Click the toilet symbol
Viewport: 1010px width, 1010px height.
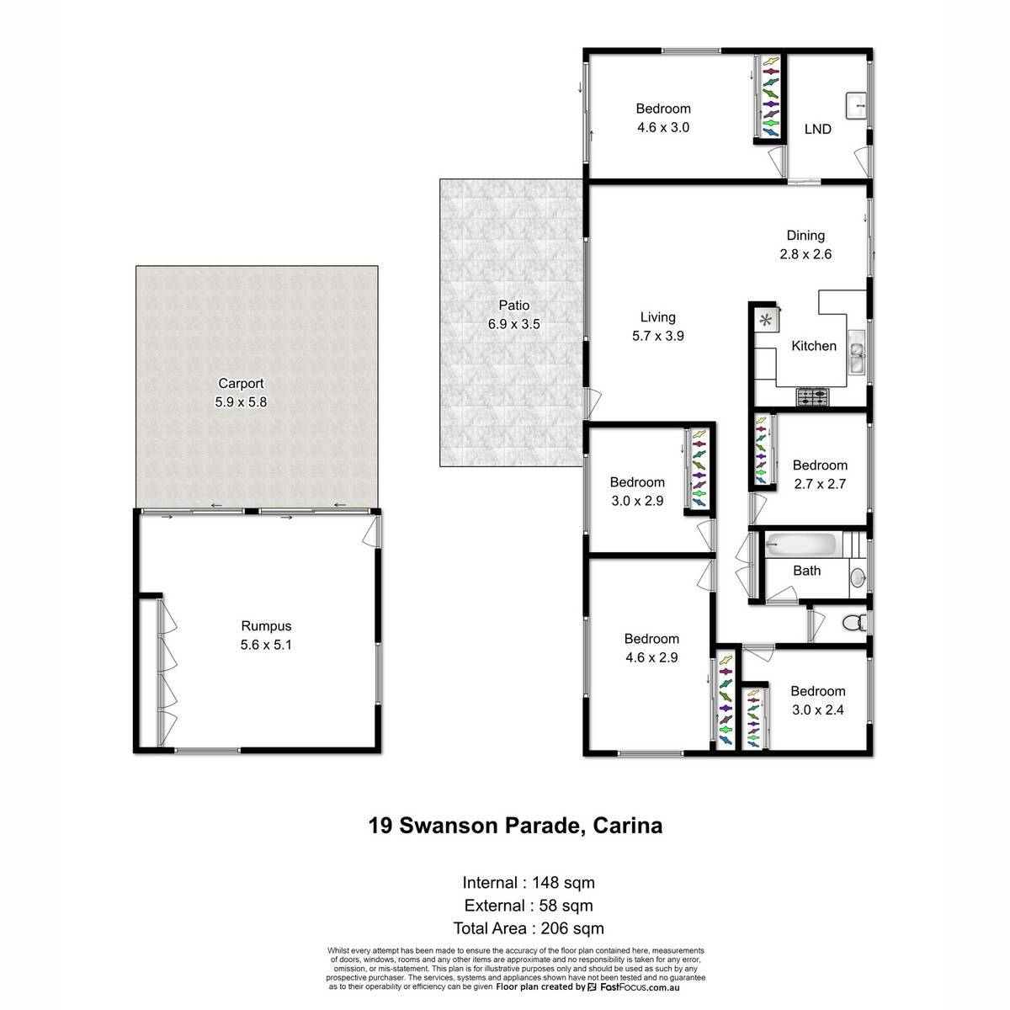point(853,623)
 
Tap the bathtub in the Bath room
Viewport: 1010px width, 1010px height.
point(800,545)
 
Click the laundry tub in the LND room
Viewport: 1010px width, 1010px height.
point(856,106)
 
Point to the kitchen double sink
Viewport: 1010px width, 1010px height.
point(857,352)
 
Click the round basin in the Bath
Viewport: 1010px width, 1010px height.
point(858,578)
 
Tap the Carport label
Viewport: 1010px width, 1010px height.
point(241,383)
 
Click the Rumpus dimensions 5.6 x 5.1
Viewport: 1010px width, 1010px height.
point(266,645)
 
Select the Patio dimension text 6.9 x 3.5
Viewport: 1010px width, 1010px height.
point(513,324)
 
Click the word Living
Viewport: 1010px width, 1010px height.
point(658,317)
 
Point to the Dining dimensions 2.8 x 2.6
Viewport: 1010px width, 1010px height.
point(805,254)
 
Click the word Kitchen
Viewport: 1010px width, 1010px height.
point(813,346)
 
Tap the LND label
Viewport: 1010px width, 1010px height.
point(817,129)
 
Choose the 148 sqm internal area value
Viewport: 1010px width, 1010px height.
point(563,883)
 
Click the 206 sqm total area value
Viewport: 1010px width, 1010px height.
point(572,928)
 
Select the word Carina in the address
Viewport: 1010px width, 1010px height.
point(627,826)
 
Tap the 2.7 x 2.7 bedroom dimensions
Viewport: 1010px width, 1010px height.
point(820,484)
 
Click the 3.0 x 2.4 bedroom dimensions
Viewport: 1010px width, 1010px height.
point(817,710)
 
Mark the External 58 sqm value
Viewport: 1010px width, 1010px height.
point(566,906)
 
